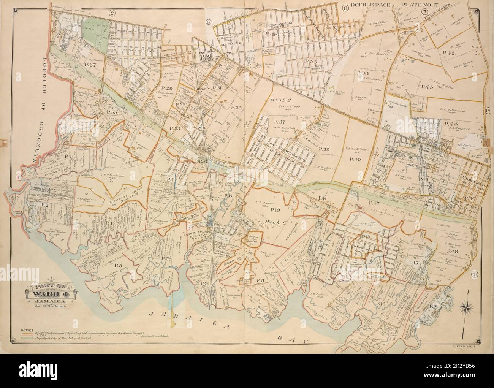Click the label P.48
[x=452, y=252]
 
